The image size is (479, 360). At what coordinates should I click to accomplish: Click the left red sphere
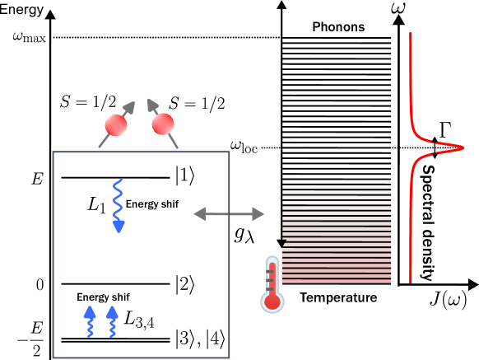tap(116, 125)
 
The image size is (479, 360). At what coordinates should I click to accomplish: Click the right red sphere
tap(163, 124)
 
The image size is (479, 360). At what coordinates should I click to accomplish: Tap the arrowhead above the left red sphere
tap(129, 105)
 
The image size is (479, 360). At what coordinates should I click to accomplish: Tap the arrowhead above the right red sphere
tap(151, 103)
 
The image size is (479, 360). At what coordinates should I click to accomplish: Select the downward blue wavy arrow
tap(119, 202)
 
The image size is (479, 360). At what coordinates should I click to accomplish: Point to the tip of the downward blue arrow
tap(119, 231)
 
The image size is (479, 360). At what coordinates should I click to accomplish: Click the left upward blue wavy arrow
tap(90, 321)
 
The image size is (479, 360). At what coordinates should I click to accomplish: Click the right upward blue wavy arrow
tap(112, 321)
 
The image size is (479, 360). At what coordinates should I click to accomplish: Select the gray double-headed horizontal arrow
tap(229, 214)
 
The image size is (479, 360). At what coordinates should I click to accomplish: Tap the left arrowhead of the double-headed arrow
tap(198, 214)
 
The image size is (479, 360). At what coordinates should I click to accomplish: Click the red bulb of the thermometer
tap(272, 302)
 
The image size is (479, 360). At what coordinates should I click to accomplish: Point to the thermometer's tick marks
tap(268, 278)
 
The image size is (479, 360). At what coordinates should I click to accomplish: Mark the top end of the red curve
tap(411, 34)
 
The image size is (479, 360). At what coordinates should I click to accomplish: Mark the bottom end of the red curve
tap(411, 282)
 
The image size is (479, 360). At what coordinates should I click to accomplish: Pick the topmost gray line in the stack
tap(337, 176)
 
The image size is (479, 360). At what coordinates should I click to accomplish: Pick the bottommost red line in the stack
tap(337, 282)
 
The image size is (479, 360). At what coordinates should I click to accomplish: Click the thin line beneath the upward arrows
tap(115, 339)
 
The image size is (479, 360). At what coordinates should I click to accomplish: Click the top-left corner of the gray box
tap(53, 152)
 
